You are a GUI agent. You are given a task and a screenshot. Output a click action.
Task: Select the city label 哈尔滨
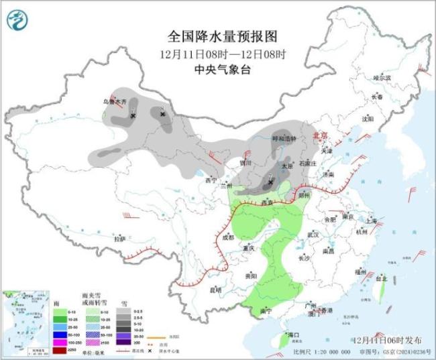381,78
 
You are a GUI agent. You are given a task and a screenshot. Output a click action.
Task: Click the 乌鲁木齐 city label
113,102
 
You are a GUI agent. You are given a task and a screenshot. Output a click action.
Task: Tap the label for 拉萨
119,239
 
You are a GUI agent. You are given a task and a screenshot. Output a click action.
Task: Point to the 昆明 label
215,290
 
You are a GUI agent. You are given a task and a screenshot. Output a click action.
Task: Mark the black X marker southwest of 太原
270,181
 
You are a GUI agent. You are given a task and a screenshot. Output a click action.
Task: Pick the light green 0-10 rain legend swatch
60,312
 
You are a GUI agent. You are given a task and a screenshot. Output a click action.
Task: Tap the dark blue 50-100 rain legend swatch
60,331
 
